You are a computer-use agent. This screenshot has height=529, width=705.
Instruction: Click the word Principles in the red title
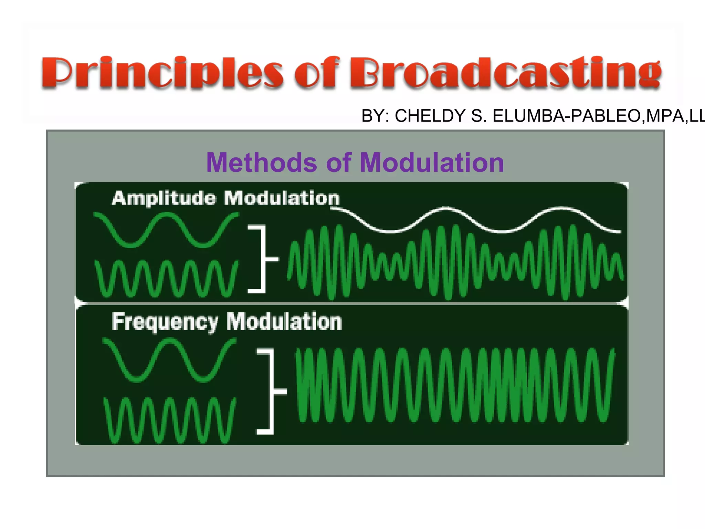(162, 73)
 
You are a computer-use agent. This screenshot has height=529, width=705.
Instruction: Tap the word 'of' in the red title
(317, 73)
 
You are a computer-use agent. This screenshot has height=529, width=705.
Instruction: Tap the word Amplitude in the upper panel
(164, 199)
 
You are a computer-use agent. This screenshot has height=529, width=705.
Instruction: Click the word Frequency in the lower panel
(165, 322)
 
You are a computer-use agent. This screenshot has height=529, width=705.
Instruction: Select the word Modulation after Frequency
(284, 322)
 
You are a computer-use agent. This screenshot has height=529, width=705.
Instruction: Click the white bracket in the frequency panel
(272, 391)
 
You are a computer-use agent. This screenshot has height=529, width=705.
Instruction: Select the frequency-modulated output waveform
(454, 385)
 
